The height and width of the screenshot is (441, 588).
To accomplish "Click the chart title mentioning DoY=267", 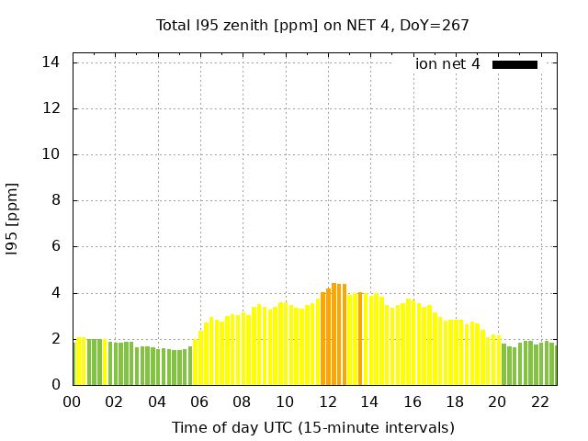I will click(x=312, y=26).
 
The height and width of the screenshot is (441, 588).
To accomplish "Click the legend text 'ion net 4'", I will click(x=447, y=64).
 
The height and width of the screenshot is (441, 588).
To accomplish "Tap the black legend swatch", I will click(x=514, y=64).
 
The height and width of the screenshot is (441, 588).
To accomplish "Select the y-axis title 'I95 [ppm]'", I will click(x=13, y=219).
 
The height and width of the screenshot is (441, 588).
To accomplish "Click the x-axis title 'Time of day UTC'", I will click(x=312, y=427).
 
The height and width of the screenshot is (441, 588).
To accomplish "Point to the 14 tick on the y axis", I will click(x=51, y=62).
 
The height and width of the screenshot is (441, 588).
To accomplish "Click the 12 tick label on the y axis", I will click(x=51, y=108).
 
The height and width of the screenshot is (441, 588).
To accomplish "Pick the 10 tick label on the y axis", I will click(x=51, y=154).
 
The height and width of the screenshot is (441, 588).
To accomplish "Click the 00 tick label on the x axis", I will click(x=73, y=401).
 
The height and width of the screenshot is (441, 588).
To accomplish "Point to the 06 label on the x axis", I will click(x=199, y=401).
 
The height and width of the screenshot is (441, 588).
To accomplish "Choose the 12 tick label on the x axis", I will click(x=327, y=401).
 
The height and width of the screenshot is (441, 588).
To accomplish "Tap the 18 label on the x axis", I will click(x=455, y=401).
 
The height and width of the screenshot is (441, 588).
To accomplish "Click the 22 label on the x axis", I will click(x=539, y=401).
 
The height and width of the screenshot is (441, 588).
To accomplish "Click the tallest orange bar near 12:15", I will click(x=334, y=334).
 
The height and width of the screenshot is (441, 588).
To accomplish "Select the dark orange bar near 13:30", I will click(x=360, y=339).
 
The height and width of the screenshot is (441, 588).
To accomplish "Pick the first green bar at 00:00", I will click(x=74, y=363).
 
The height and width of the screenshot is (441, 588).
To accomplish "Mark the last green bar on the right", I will click(x=553, y=365).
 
